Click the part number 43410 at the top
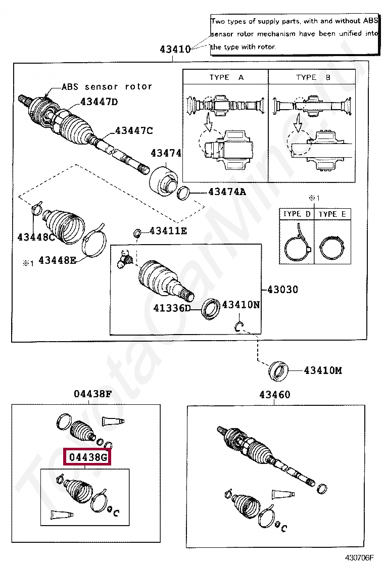point(175,50)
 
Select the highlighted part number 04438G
point(88,458)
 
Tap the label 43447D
point(99,102)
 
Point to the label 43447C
point(133,130)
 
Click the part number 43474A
point(227,192)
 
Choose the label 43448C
point(36,237)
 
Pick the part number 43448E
point(57,260)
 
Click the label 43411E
point(168,231)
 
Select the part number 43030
point(282,290)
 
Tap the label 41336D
point(172,307)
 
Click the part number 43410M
point(322,370)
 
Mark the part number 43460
point(275,395)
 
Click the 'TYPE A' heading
point(226,77)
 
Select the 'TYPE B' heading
point(313,77)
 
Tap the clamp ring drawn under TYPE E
point(332,248)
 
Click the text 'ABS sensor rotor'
point(107,86)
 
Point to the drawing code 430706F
point(359,557)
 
